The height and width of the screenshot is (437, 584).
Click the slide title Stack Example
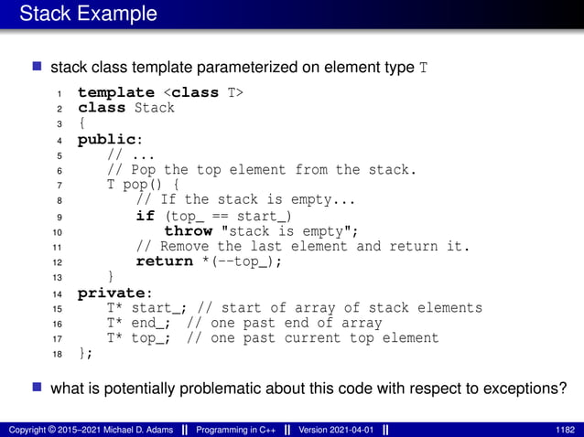coord(88,15)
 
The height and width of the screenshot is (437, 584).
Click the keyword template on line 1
coord(115,92)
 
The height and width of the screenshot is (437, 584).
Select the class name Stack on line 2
coord(155,107)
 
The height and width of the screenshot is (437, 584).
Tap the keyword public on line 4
coord(108,139)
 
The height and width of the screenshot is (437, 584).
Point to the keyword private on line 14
coord(112,293)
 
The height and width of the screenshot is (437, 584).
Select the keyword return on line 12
coord(165,261)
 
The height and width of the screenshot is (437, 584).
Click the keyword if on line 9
coord(145,216)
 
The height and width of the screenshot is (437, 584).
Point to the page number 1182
coord(565,429)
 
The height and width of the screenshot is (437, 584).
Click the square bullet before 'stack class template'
coord(38,67)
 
